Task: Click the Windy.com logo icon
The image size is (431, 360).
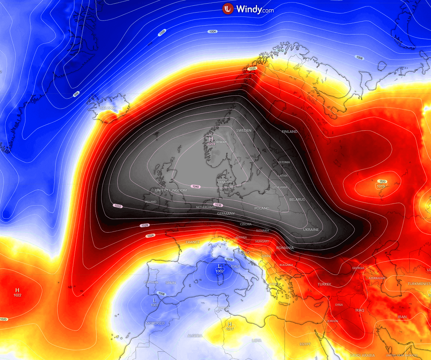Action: click(228, 9)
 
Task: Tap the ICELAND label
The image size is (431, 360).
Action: click(107, 108)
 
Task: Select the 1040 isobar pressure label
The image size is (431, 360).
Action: click(196, 187)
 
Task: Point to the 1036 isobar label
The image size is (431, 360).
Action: click(217, 205)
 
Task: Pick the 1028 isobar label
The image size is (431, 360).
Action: click(144, 225)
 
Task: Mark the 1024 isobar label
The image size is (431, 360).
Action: click(150, 236)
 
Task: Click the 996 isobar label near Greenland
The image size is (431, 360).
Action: click(76, 94)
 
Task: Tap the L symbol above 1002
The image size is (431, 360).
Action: click(219, 266)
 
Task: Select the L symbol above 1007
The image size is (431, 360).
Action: click(155, 300)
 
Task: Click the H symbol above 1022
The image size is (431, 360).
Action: click(17, 290)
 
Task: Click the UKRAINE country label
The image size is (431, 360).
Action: click(311, 229)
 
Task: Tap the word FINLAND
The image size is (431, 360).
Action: click(290, 132)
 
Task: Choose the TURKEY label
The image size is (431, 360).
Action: click(324, 284)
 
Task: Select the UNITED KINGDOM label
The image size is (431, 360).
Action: click(171, 190)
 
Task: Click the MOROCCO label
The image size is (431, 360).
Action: click(155, 323)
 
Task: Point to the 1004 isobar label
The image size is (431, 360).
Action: click(212, 32)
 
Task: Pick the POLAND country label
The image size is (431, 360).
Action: click(262, 208)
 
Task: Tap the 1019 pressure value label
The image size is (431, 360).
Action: click(381, 186)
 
